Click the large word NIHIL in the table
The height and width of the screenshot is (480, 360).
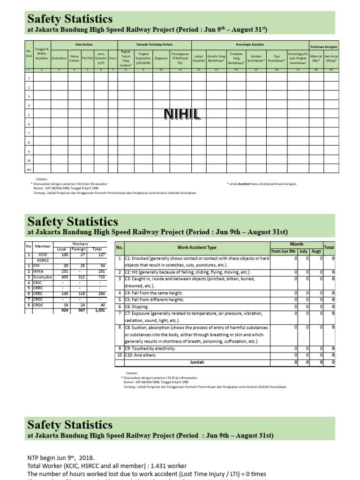(182, 113)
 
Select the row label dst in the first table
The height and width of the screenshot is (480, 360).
(29, 169)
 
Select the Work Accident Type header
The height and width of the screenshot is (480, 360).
(197, 247)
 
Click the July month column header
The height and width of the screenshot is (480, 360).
(303, 251)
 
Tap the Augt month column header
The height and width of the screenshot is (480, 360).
(316, 251)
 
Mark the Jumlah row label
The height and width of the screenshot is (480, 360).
(197, 362)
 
